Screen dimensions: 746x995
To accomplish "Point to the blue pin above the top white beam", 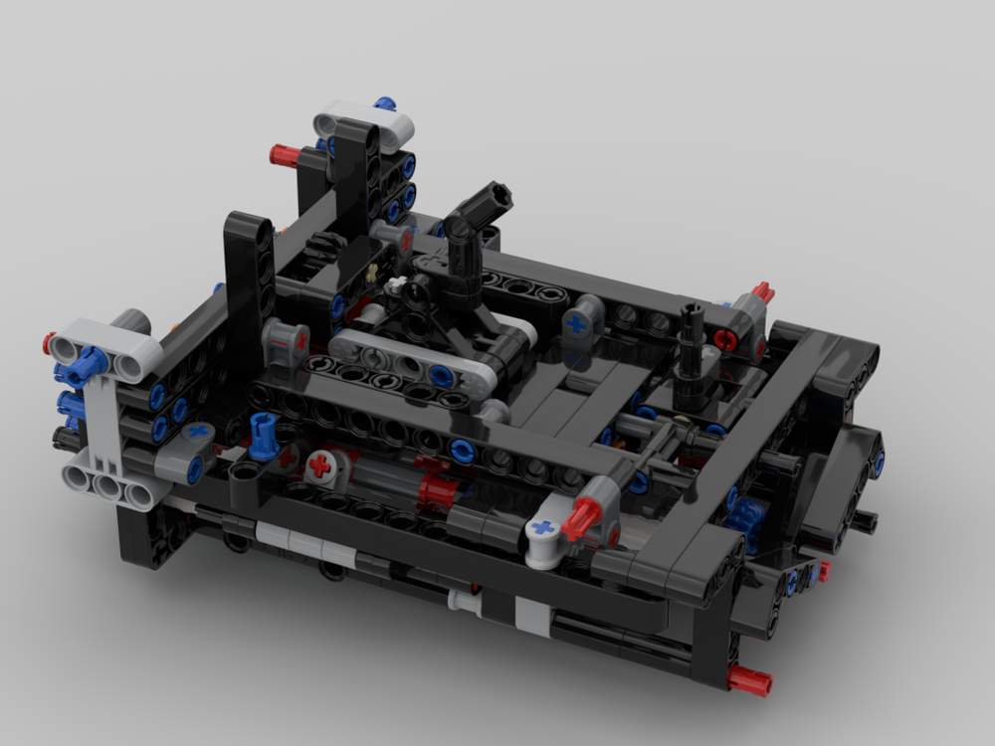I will [385, 102].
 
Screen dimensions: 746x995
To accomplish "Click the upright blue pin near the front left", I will [264, 438].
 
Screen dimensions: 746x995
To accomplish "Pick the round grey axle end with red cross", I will [320, 465].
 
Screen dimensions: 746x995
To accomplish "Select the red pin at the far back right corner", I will [762, 292].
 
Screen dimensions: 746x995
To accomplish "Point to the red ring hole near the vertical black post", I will [725, 339].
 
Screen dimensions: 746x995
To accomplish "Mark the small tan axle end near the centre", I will [372, 272].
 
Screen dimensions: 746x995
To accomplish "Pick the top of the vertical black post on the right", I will [692, 313].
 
